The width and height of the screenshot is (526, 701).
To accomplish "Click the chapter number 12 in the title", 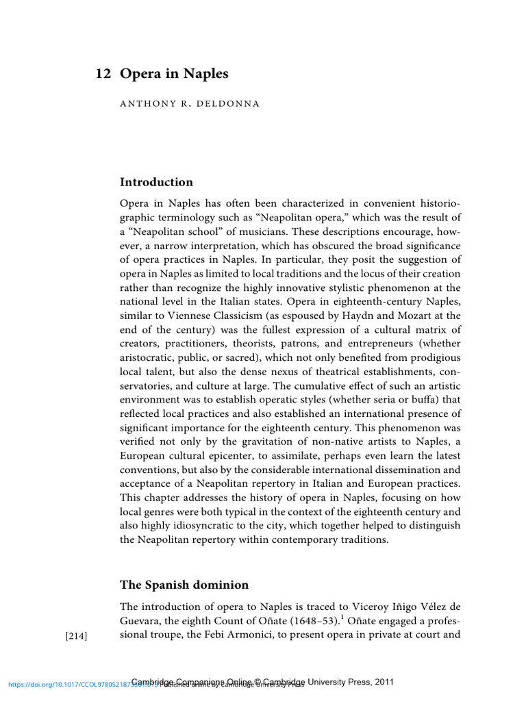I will [x=103, y=74].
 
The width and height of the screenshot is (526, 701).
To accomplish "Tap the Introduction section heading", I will [x=156, y=182].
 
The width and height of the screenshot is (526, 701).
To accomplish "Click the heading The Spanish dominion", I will [x=184, y=585].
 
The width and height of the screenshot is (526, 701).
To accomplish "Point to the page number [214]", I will [x=75, y=636].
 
